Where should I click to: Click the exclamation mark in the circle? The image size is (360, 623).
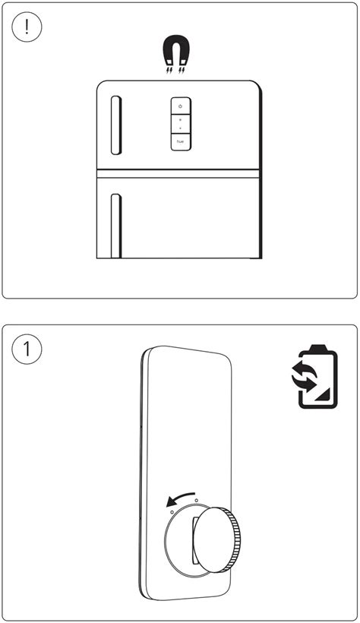(x=27, y=27)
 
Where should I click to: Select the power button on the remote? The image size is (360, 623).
(x=181, y=106)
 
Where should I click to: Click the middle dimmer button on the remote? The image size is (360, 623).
(x=181, y=124)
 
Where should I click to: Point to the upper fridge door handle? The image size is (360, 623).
(x=115, y=125)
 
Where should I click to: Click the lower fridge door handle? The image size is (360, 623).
(x=115, y=226)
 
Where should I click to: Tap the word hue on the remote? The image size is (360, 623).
(x=181, y=141)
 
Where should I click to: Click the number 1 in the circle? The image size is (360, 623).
(x=27, y=349)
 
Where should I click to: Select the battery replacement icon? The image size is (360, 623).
(x=314, y=376)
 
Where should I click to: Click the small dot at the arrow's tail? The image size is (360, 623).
(x=196, y=500)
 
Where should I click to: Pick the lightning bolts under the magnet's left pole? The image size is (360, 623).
(x=169, y=71)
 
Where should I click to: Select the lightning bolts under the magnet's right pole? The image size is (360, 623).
(x=182, y=71)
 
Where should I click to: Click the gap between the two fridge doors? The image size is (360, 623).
(x=178, y=174)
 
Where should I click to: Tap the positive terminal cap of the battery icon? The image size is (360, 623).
(x=317, y=348)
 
